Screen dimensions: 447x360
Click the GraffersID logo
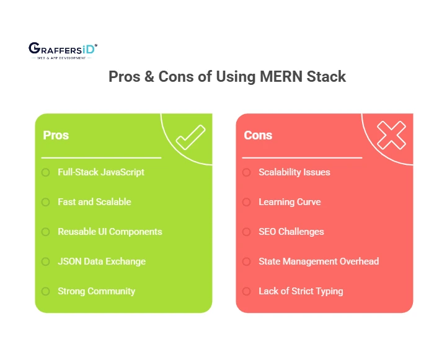click(63, 51)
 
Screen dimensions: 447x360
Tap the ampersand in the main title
click(149, 76)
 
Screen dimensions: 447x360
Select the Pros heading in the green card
click(56, 135)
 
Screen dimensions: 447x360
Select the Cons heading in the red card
click(258, 135)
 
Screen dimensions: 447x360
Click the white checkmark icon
click(190, 137)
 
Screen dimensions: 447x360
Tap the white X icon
click(391, 135)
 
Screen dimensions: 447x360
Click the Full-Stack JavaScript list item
click(101, 172)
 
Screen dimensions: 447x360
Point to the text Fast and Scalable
click(94, 202)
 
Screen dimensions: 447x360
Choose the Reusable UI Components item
click(110, 232)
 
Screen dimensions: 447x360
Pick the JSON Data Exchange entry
click(102, 261)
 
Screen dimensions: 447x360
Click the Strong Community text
click(96, 291)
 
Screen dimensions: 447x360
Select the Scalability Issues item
click(294, 172)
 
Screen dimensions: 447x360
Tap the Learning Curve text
click(290, 202)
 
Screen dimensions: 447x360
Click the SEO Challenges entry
click(291, 232)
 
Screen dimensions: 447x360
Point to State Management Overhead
click(319, 261)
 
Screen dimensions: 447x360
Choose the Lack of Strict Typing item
click(301, 291)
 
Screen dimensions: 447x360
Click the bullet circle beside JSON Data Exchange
click(46, 261)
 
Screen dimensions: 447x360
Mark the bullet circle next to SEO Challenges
click(247, 232)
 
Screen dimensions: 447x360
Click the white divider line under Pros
click(101, 157)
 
